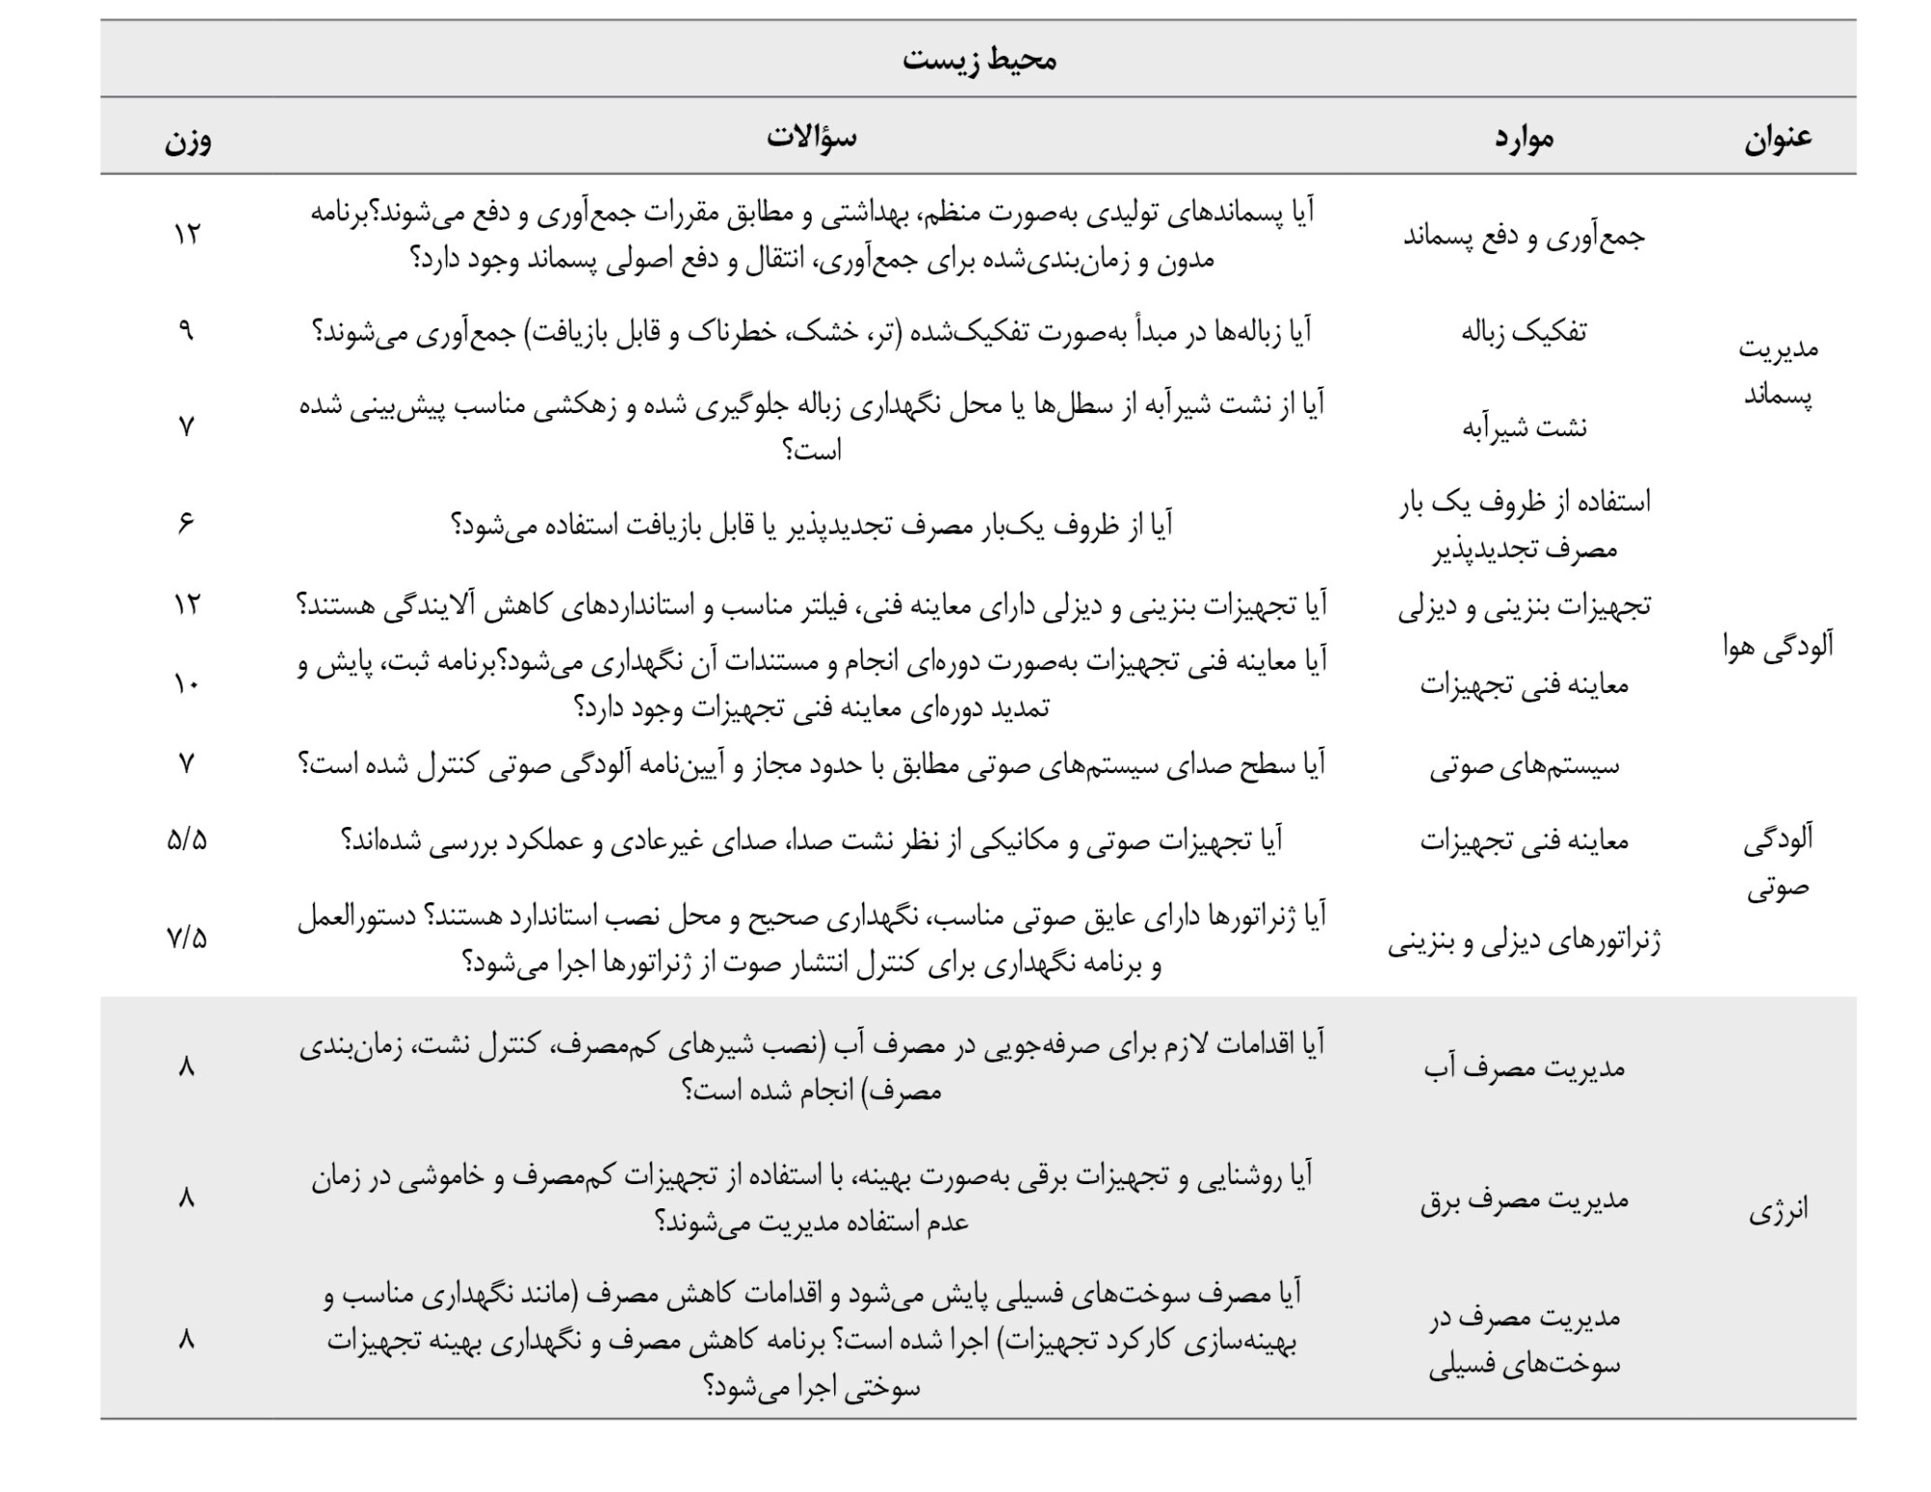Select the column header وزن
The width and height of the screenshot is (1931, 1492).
tap(187, 139)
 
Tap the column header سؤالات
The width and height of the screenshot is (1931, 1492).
tap(811, 137)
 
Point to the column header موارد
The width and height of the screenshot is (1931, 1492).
tap(1524, 138)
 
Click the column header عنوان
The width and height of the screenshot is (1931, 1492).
tap(1777, 138)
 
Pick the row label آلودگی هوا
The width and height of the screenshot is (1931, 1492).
tap(1777, 647)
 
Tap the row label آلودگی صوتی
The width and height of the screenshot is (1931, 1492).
tap(1777, 863)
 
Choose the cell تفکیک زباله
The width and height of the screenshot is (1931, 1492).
tap(1524, 332)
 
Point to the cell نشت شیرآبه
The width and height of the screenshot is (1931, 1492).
tap(1524, 427)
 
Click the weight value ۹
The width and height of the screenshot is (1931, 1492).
tap(186, 331)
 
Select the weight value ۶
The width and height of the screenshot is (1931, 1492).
tap(186, 523)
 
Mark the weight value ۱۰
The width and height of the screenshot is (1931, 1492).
tap(186, 684)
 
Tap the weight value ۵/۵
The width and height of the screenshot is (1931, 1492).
tap(186, 841)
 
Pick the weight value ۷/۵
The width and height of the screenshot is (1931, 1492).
tap(186, 938)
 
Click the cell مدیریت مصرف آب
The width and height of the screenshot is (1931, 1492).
tap(1524, 1067)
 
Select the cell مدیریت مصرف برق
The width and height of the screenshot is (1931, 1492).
tap(1524, 1200)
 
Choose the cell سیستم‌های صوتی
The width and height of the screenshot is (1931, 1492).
tap(1524, 766)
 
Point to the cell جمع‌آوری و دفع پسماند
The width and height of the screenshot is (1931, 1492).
tap(1524, 236)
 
